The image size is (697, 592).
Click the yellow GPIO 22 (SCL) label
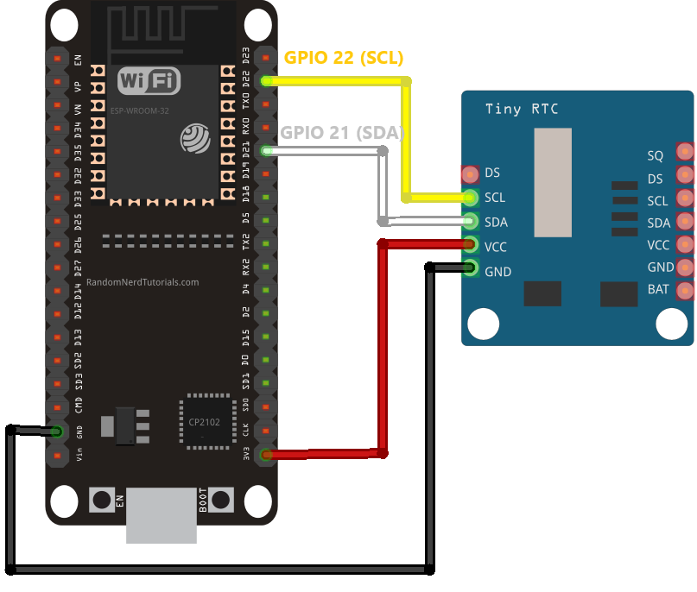344,58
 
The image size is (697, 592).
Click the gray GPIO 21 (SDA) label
342,133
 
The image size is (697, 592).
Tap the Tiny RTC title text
521,109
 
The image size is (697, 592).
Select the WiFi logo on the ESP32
149,82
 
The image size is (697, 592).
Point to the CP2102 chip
207,423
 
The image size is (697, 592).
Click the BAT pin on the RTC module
684,290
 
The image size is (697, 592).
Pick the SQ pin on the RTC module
684,153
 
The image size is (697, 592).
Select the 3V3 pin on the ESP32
266,454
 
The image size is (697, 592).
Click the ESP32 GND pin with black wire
57,431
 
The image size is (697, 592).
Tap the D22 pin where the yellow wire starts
266,81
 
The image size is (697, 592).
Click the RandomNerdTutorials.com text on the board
143,282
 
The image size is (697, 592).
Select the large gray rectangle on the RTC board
552,182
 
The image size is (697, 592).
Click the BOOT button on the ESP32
221,500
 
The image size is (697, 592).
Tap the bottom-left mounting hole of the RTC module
483,324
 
